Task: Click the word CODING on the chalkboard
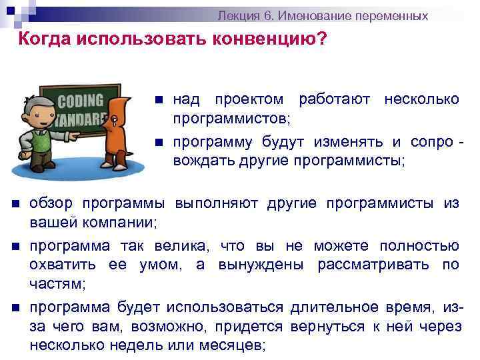[81, 101]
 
